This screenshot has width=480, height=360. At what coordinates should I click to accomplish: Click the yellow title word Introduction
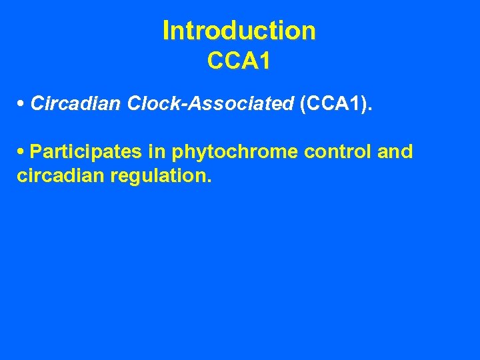tap(239, 31)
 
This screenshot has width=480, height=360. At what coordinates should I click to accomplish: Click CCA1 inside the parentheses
tap(333, 103)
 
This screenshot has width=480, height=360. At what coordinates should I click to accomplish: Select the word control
tap(337, 151)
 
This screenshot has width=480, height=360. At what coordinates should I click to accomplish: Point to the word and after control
tap(395, 151)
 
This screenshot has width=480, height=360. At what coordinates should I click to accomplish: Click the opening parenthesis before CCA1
tap(303, 104)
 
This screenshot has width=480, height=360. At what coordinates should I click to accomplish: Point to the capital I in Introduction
tap(166, 31)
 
